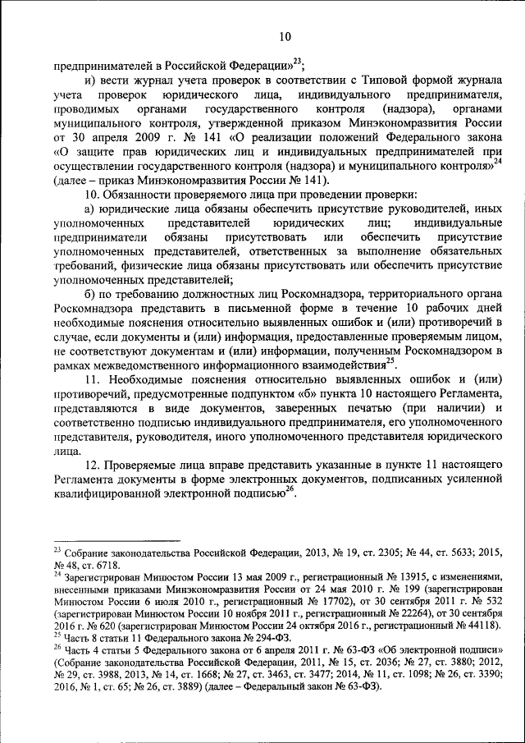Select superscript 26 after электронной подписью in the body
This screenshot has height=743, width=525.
point(290,490)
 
